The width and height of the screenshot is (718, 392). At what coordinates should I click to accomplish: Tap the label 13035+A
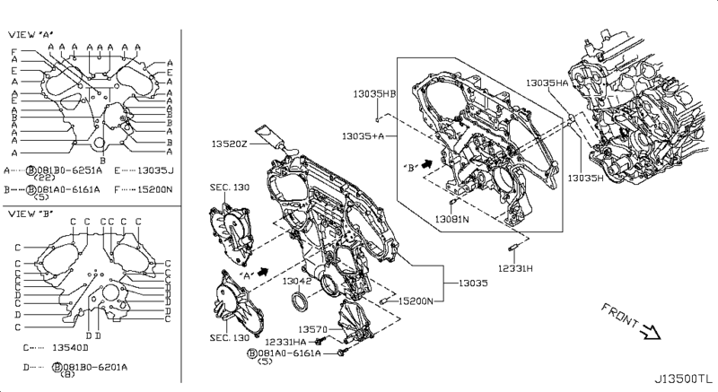[x=363, y=135]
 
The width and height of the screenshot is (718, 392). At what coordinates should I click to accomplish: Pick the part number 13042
[x=297, y=281]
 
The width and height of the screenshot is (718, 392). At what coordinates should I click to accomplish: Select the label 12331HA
[x=287, y=343]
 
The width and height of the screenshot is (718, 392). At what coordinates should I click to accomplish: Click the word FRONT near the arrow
[x=618, y=316]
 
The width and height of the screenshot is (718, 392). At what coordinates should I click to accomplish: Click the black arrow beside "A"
[x=264, y=269]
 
